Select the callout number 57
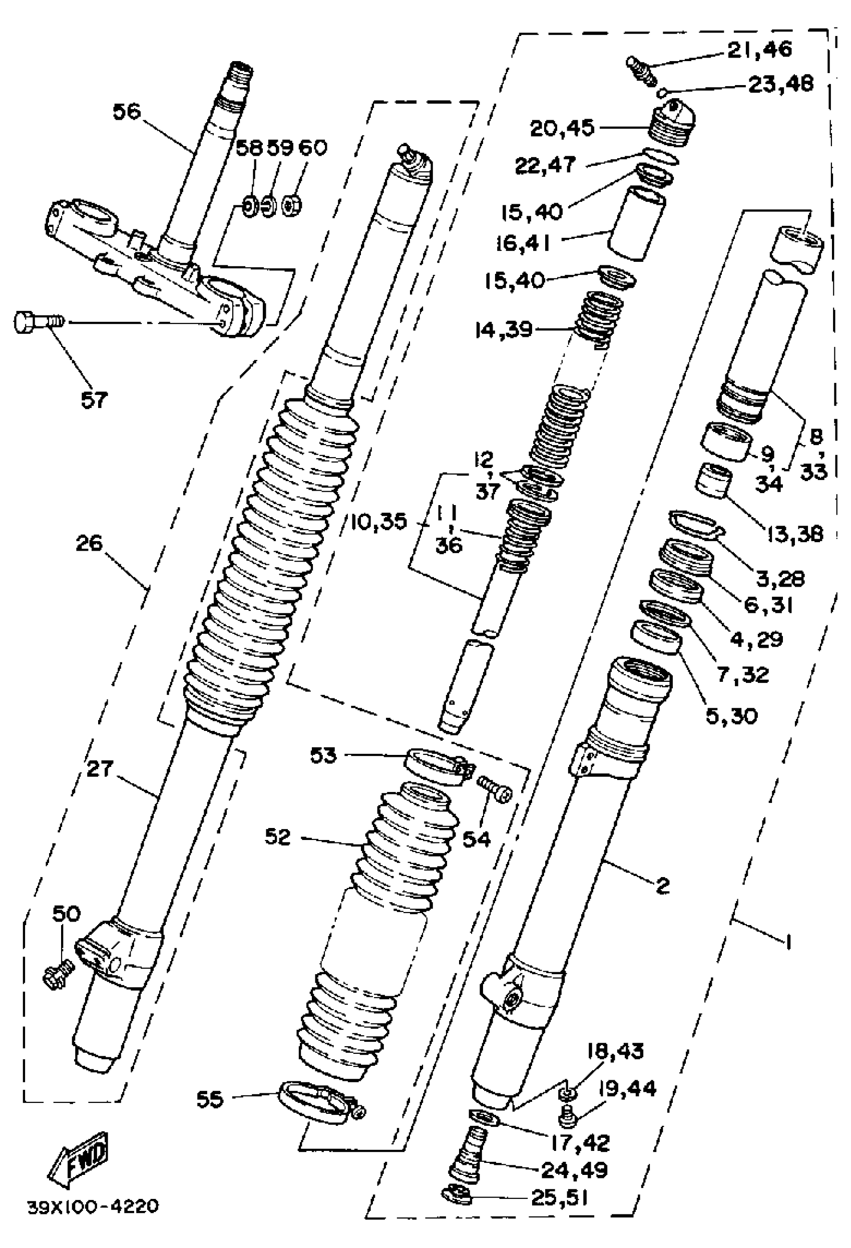click(94, 399)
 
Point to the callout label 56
click(126, 112)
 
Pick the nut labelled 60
click(293, 205)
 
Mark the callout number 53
click(323, 756)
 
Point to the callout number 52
click(278, 836)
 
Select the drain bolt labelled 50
click(57, 973)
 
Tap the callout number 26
click(89, 544)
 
